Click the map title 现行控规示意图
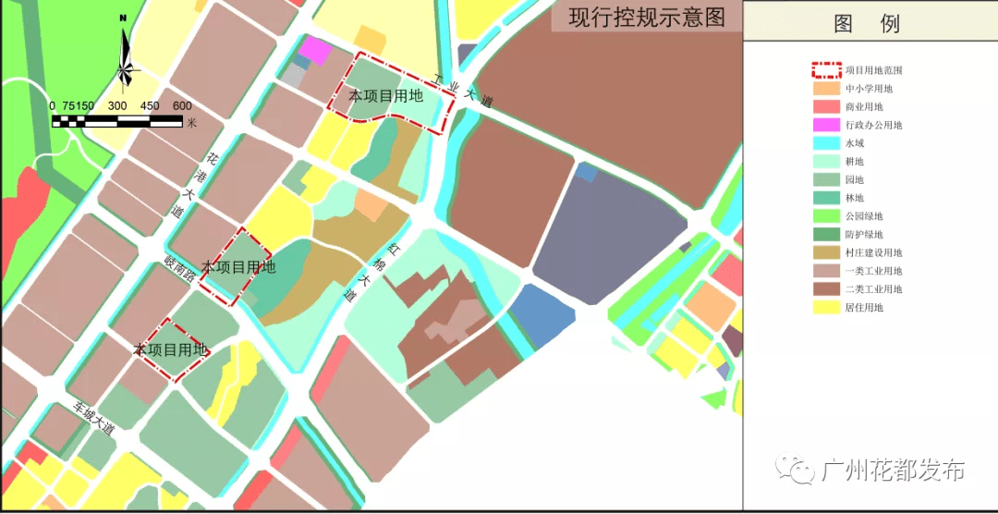(646, 18)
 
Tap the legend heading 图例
(866, 24)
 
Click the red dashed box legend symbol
(825, 69)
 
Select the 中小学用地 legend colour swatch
(825, 88)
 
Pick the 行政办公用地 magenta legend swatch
(825, 125)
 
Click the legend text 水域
(855, 143)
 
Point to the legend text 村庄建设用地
(873, 252)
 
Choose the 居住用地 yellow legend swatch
(825, 307)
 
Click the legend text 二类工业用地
(873, 288)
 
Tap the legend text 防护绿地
(864, 234)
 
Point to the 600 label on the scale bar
(181, 105)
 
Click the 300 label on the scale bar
(117, 105)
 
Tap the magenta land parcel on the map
(316, 50)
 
